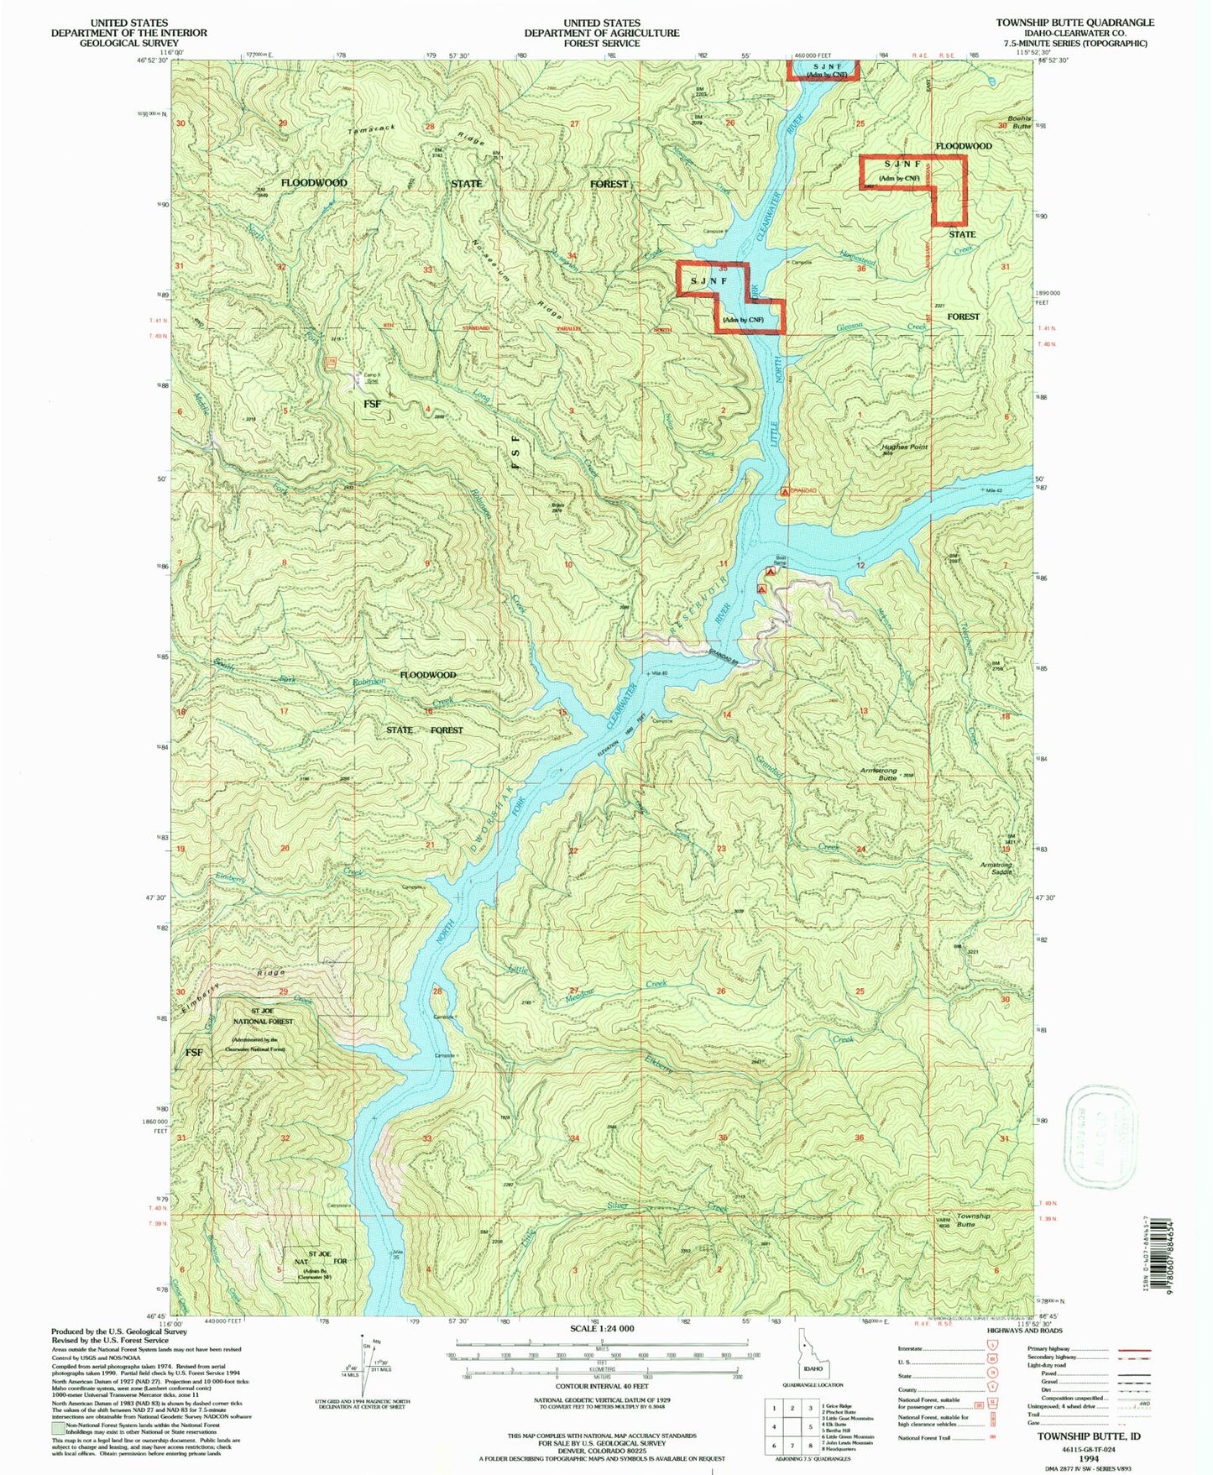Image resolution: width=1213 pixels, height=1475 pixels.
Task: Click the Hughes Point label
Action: (x=904, y=447)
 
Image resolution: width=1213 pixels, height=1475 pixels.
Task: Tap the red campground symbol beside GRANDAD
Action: (x=785, y=492)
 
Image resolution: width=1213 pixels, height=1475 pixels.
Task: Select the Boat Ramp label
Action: (x=780, y=560)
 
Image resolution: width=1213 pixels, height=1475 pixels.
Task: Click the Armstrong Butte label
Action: (x=879, y=773)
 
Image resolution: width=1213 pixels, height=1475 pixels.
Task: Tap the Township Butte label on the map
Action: (x=973, y=1220)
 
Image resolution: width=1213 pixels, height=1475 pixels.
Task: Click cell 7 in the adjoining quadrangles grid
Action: (x=793, y=1446)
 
